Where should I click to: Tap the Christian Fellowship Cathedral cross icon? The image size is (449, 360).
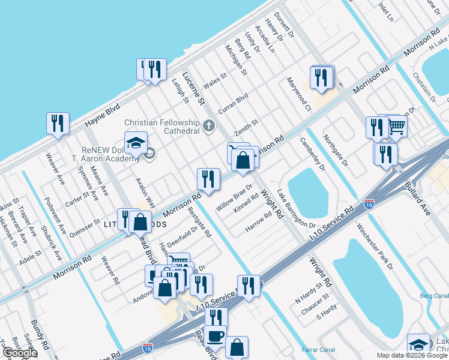pos(208,126)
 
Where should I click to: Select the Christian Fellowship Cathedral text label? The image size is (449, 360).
pos(161,126)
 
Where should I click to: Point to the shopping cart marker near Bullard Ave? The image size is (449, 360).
pos(397,125)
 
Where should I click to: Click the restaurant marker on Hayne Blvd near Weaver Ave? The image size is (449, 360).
pos(58,123)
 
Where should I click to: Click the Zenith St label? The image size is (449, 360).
pos(246,127)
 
